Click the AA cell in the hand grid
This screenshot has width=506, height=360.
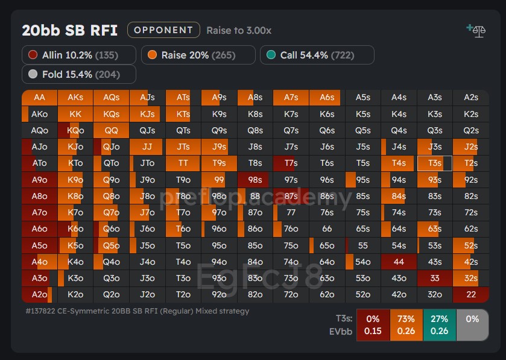click(39, 98)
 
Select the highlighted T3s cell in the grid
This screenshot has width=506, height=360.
click(434, 163)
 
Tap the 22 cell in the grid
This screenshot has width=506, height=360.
click(470, 294)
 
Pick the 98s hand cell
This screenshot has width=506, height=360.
click(255, 180)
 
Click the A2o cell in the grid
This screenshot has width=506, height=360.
click(39, 294)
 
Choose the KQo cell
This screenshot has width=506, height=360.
click(75, 130)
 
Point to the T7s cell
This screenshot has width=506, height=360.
click(291, 163)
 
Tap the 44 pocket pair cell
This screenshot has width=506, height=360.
click(399, 262)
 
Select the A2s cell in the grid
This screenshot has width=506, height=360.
click(470, 98)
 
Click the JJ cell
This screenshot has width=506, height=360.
click(147, 147)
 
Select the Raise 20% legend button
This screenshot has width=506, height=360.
click(198, 55)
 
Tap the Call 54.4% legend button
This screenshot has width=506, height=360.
click(317, 55)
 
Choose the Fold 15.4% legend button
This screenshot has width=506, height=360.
click(79, 74)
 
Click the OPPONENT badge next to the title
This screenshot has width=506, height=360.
click(163, 30)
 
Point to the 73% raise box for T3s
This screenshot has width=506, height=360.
click(406, 325)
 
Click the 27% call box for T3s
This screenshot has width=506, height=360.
click(439, 325)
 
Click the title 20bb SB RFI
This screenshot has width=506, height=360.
click(70, 30)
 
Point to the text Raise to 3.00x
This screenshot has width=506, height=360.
click(239, 30)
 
